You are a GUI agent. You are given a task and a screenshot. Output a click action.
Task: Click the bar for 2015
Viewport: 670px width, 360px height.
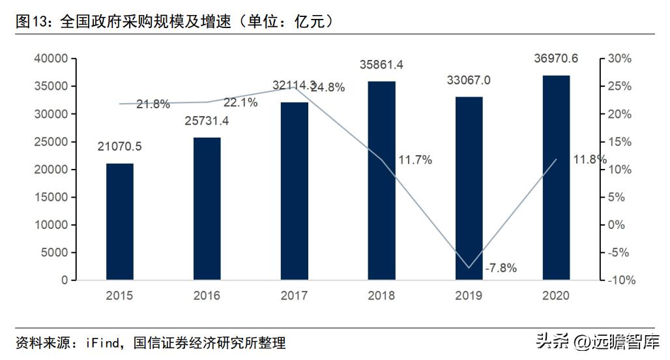point(120,222)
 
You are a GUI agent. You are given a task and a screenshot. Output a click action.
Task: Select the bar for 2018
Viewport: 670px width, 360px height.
point(382,181)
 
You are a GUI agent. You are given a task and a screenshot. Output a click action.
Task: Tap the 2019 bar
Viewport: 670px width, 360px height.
point(469,188)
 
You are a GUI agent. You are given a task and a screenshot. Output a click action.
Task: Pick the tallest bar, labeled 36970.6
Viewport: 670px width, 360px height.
point(556,177)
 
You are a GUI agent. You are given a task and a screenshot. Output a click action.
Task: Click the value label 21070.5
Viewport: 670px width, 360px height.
point(120,147)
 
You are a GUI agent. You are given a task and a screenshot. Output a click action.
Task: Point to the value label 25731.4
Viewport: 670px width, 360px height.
point(207,121)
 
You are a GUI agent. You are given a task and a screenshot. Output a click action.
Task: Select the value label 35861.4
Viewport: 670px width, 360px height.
point(382,65)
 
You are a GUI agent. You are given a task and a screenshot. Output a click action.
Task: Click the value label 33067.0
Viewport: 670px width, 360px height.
point(469,80)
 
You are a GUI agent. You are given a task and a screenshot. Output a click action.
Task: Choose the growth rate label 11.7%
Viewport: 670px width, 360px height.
point(415,160)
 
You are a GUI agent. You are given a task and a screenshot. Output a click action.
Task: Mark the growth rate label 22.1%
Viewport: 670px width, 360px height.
point(241,102)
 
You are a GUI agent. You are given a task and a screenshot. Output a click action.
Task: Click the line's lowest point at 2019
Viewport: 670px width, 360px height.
point(469,267)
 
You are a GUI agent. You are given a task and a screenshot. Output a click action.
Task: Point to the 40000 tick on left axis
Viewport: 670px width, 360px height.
point(51,59)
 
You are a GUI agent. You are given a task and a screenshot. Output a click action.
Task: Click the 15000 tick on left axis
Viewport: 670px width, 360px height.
point(51,197)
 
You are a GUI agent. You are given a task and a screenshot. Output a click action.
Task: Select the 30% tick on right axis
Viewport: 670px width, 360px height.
point(619,59)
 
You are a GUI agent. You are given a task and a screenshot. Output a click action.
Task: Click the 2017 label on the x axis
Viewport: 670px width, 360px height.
point(295,296)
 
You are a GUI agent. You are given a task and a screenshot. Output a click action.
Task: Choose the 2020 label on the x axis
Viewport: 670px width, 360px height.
point(556,296)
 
